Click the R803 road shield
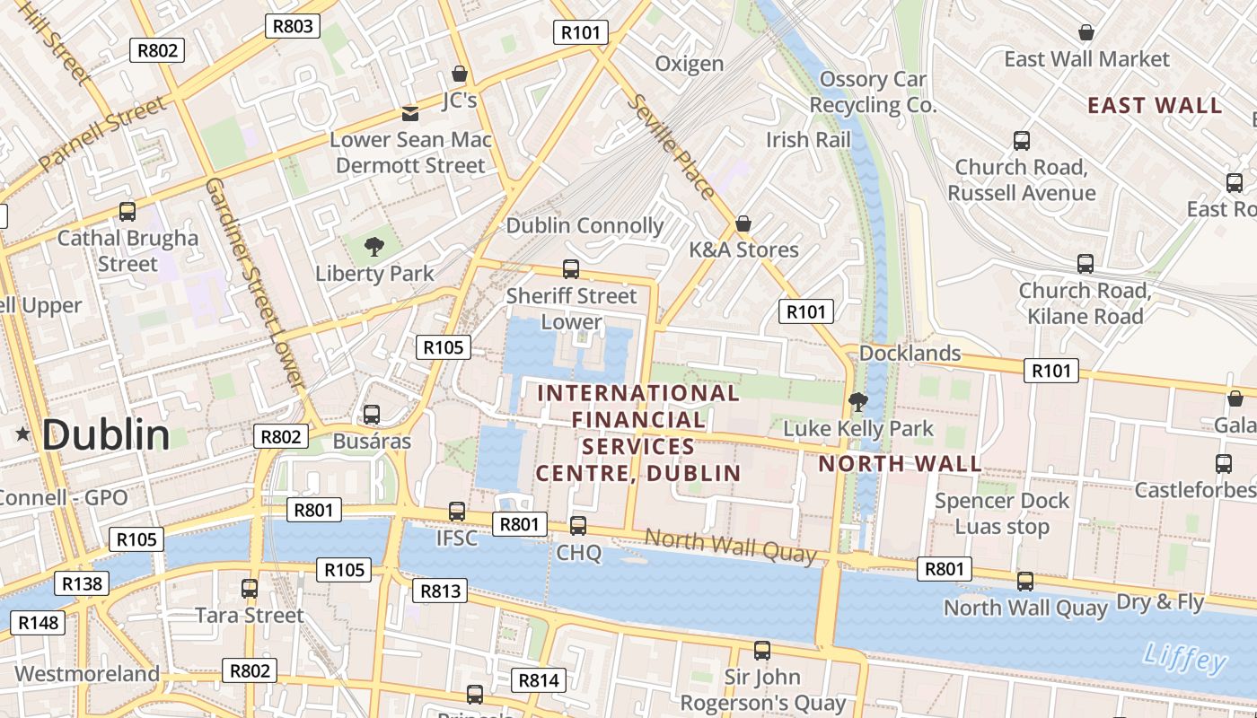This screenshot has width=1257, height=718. (293, 25)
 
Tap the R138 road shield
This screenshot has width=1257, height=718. (83, 583)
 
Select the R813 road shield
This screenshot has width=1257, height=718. (440, 590)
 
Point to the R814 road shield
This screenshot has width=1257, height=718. (539, 679)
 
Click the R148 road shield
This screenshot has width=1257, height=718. (38, 622)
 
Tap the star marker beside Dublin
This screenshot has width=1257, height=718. (22, 434)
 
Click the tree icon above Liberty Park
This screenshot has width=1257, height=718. (374, 246)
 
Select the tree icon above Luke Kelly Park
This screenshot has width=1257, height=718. (858, 401)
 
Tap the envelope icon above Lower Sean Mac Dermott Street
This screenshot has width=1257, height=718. (410, 113)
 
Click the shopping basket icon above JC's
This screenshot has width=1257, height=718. (460, 74)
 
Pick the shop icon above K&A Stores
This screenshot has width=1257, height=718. (743, 223)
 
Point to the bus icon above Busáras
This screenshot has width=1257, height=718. (372, 415)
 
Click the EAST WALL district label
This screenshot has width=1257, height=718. (1155, 105)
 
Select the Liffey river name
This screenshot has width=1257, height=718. (1185, 660)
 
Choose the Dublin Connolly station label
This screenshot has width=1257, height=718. (585, 225)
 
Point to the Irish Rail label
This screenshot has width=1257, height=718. (808, 139)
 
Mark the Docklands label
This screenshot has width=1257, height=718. (910, 353)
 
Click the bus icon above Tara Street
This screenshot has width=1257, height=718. (250, 589)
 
